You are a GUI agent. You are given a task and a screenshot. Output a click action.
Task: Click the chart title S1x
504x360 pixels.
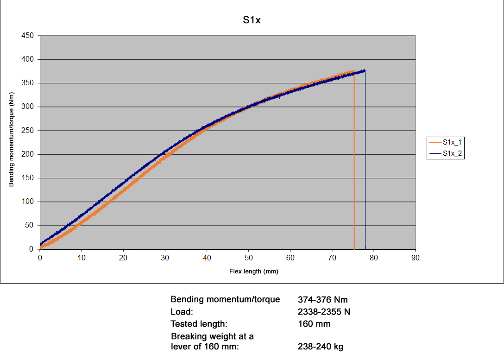point(252,20)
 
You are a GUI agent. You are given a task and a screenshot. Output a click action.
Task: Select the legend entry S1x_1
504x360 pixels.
point(452,142)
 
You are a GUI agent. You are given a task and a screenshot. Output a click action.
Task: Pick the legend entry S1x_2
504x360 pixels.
point(452,153)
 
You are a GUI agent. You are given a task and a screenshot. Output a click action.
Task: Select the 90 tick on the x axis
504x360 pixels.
point(415,258)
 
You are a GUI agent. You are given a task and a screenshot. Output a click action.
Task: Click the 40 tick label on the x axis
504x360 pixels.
point(207,258)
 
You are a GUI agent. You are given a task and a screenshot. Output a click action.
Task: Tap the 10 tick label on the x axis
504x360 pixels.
point(82,258)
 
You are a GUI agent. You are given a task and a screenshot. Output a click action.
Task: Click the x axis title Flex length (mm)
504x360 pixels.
point(254,272)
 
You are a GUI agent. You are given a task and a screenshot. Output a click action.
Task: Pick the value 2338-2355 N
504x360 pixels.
point(324,312)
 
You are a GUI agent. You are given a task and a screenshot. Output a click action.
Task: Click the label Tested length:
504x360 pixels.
point(199,324)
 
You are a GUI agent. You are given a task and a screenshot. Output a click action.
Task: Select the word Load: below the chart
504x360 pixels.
point(182,312)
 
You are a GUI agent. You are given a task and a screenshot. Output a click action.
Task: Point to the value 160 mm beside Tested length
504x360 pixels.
point(315,324)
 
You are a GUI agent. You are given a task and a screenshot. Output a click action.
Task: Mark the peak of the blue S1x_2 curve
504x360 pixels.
point(365,70)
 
